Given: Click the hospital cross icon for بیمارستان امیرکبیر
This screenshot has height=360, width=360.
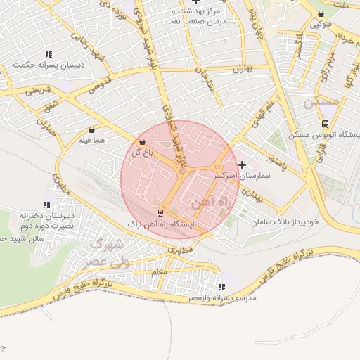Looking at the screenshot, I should (243, 165).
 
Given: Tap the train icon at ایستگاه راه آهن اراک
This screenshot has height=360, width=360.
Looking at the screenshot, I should (161, 212).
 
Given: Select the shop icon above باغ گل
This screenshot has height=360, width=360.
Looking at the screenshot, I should (143, 141).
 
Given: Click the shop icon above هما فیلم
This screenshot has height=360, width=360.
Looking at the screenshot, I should (93, 130).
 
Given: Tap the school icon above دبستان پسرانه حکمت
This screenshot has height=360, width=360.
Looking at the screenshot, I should (48, 54).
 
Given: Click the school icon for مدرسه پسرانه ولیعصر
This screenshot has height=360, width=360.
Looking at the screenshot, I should (221, 287).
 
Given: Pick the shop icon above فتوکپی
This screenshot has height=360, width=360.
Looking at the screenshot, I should (321, 13).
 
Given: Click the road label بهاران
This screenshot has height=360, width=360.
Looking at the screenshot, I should (242, 69).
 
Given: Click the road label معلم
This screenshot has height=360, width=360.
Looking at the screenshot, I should (159, 271).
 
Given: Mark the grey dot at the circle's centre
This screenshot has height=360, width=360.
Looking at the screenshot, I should (183, 172).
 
